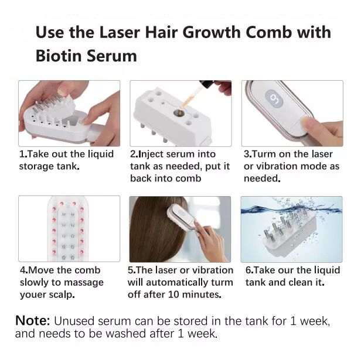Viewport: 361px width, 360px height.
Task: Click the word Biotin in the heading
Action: pos(59,56)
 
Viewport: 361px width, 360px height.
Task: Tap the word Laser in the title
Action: pos(120,32)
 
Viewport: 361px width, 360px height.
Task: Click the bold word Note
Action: pos(32,320)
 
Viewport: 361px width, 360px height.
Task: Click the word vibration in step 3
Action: pos(277,166)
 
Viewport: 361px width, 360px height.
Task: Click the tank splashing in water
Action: pos(289,232)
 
